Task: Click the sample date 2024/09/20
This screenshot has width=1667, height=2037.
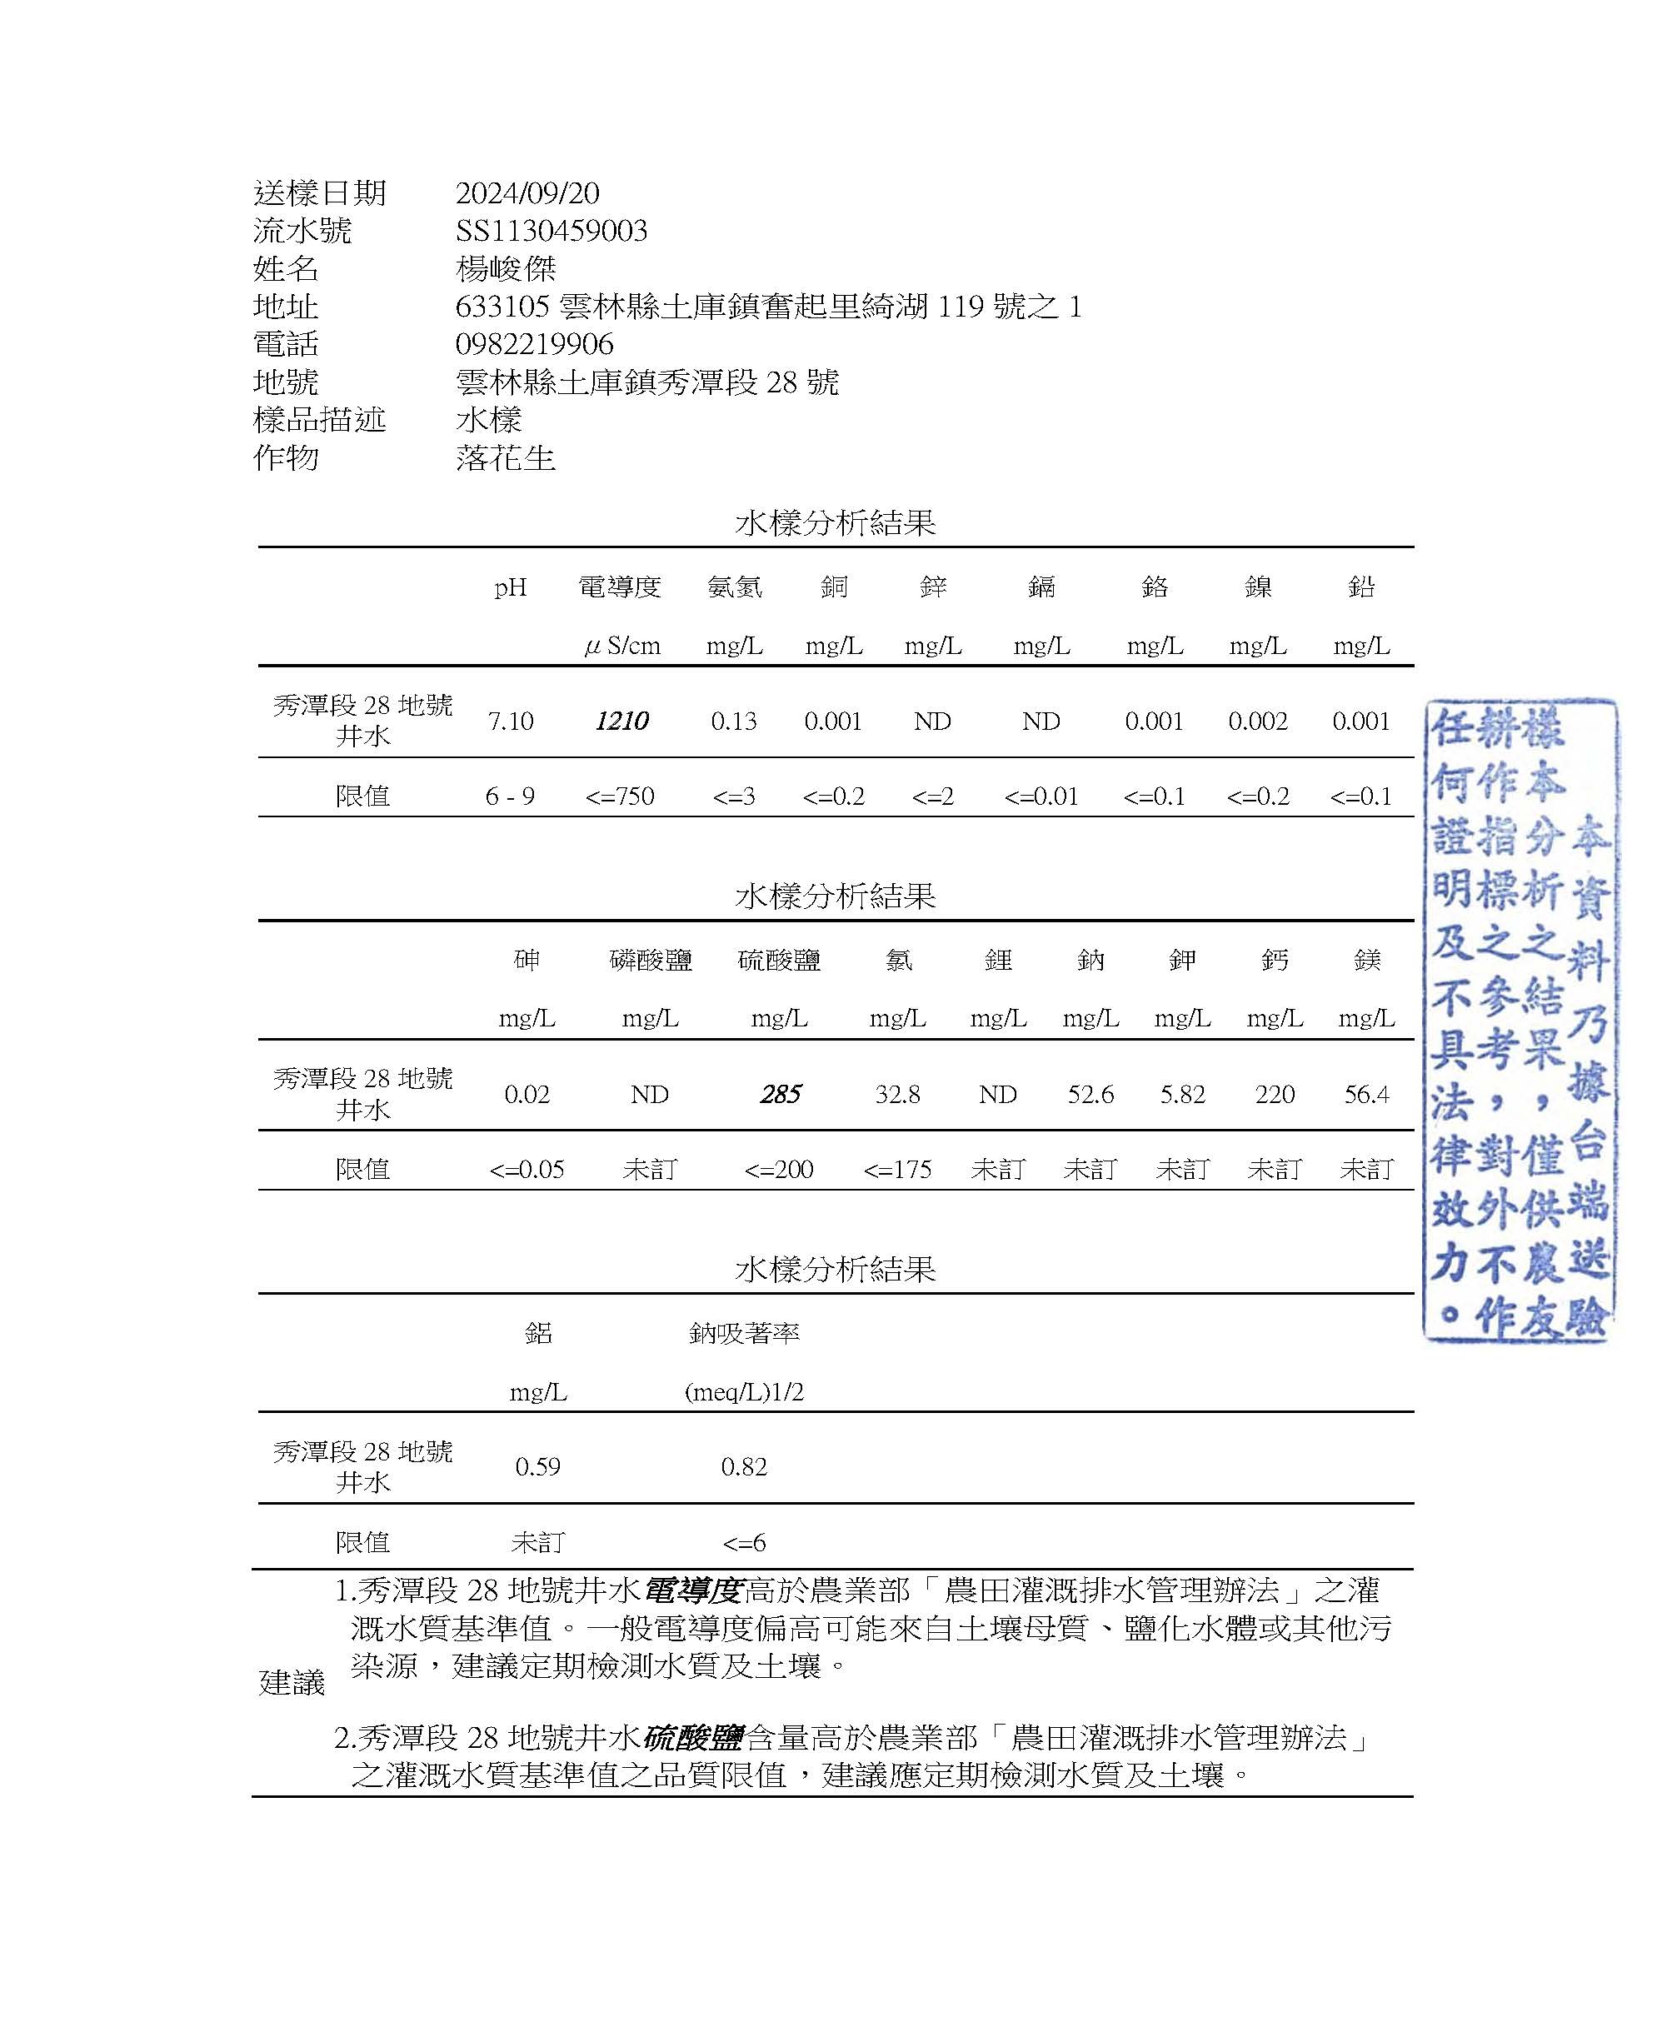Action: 527,193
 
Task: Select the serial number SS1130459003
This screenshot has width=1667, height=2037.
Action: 552,231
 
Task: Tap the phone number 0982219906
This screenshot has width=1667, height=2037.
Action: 534,344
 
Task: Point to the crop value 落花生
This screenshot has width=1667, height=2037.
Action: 505,457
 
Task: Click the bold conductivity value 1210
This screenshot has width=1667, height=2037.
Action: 621,721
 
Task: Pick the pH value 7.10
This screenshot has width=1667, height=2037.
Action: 510,721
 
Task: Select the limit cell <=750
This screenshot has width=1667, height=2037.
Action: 619,796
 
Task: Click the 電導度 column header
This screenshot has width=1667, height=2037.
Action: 619,586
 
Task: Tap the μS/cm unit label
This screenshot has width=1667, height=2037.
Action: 621,646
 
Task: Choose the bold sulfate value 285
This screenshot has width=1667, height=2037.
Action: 780,1094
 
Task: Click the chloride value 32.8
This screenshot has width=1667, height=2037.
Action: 897,1094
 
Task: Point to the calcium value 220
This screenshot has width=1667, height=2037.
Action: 1275,1094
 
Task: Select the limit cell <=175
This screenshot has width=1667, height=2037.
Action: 897,1169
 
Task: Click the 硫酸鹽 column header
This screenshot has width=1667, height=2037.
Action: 779,960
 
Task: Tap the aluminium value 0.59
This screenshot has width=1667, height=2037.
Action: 537,1466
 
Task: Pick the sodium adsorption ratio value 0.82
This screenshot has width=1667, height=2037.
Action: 744,1466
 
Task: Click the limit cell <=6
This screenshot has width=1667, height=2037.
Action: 744,1542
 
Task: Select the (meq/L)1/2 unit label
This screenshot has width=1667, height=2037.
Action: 744,1391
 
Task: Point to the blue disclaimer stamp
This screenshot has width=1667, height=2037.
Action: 1519,1020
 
